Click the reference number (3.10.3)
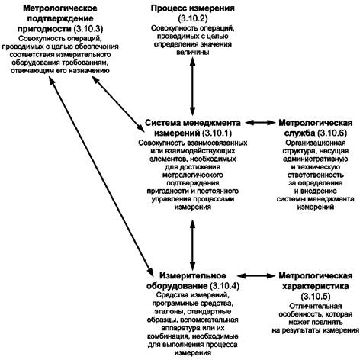pos(88,29)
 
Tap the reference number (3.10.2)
pos(193,18)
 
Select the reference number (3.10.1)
pos(217,133)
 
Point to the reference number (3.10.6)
pos(332,133)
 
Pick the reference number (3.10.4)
pos(225,286)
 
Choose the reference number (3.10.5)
pos(316,297)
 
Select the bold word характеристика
pos(316,286)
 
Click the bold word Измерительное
pos(193,275)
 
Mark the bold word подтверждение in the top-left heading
pos(60,19)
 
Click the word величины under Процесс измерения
pos(193,53)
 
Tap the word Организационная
pos(316,143)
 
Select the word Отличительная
pos(316,306)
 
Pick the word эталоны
pos(165,312)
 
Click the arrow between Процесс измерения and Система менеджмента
pos(193,87)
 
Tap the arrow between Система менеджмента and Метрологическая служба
pos(261,123)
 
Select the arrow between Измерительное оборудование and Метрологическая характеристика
pos(255,275)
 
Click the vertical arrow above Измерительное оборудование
pos(193,245)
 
